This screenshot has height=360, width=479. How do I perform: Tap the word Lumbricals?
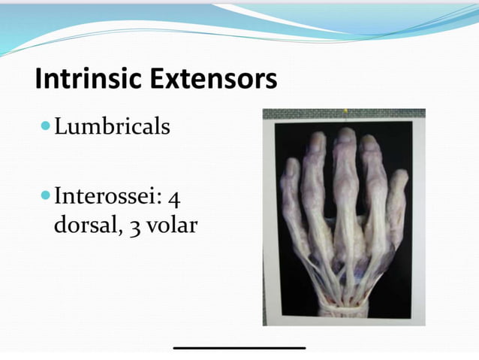coord(113,127)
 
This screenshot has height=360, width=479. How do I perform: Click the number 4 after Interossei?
coord(173,200)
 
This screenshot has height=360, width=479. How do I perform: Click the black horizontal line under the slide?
coord(239,347)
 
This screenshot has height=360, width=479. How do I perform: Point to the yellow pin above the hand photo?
coord(345,113)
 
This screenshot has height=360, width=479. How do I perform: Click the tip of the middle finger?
coord(346,133)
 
